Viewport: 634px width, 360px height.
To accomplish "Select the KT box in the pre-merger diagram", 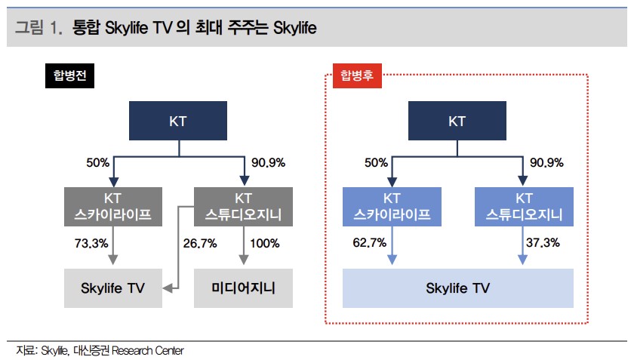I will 179,121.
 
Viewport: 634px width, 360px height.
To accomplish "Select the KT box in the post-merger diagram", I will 457,121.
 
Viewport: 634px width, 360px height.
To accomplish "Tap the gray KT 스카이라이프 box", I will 113,207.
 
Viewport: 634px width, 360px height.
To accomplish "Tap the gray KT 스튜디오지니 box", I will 243,207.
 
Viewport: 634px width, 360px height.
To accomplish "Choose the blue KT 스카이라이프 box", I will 392,207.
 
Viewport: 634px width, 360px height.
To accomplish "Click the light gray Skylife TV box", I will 113,287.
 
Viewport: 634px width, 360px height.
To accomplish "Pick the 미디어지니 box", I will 243,287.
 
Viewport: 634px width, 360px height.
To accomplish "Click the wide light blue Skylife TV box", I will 457,287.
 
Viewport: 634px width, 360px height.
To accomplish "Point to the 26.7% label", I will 200,244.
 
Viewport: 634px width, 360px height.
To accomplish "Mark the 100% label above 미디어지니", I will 264,244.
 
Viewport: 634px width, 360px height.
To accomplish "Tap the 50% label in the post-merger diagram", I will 377,163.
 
